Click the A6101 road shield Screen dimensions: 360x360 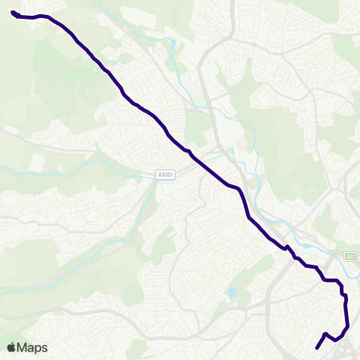tap(166, 175)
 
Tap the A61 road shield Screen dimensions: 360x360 tap(350, 256)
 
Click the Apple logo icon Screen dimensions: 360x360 tap(11, 347)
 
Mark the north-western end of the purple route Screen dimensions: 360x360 tap(13, 12)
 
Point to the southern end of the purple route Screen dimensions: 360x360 tap(317, 348)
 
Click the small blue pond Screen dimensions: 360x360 tap(232, 292)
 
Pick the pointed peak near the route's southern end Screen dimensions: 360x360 tap(325, 334)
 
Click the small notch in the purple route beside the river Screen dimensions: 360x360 tap(286, 246)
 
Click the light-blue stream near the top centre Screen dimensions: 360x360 tap(176, 52)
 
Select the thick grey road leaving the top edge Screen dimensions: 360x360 tap(232, 7)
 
